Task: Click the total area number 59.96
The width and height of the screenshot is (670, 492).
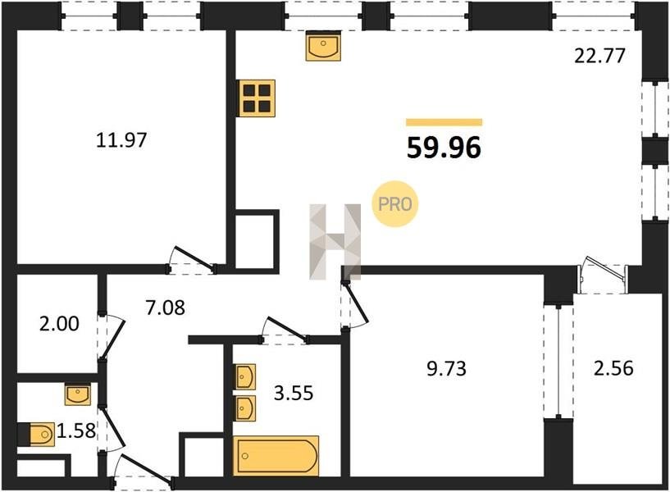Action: [444, 148]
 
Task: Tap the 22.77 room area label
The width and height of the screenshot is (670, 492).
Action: [599, 56]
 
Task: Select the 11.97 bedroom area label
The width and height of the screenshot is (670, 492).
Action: [121, 139]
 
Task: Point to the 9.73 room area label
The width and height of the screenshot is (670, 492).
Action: [446, 368]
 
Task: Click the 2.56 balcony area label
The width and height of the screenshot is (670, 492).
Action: [613, 368]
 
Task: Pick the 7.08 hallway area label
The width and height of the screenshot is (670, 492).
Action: [166, 307]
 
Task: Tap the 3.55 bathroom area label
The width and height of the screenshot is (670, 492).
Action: [294, 393]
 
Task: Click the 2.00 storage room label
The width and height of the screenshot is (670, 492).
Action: [59, 324]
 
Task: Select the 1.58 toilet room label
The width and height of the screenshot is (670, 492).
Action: [76, 431]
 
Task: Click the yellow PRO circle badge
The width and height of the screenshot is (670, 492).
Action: [394, 204]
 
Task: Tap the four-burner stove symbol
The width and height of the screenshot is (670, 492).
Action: [257, 98]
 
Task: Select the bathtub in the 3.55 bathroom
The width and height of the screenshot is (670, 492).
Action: [276, 456]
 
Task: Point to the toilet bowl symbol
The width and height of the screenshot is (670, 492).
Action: [38, 435]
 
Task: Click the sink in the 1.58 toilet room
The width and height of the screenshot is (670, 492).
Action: [77, 394]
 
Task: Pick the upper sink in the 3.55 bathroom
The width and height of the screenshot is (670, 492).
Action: [245, 376]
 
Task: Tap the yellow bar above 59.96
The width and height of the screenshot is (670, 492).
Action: [444, 122]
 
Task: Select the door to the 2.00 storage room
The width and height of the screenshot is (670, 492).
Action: [112, 337]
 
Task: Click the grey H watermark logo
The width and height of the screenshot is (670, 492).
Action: [335, 242]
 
